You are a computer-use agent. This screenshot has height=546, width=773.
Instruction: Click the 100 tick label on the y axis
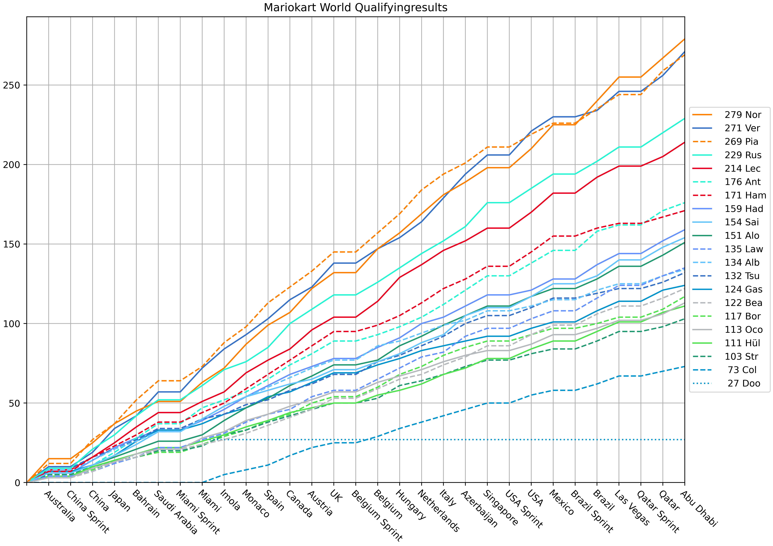(x=12, y=324)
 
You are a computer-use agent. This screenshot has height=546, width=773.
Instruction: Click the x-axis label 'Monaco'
(x=256, y=503)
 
